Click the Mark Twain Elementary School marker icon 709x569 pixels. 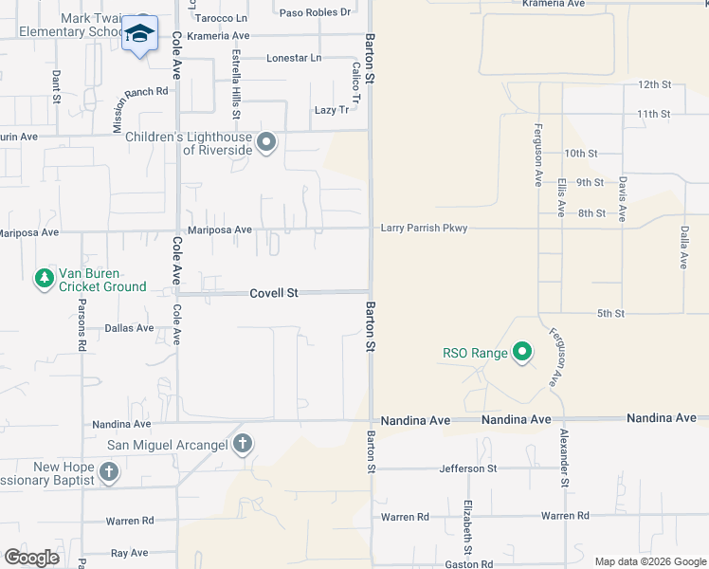(x=140, y=34)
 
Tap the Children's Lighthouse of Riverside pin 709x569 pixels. (x=266, y=143)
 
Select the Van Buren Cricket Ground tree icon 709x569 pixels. (x=44, y=279)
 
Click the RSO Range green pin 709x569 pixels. (x=521, y=354)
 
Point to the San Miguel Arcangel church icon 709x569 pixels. (x=243, y=443)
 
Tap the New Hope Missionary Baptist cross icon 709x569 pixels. (x=109, y=472)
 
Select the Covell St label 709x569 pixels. (x=274, y=293)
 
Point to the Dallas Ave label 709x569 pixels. (x=131, y=328)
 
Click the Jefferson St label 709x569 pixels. (x=467, y=468)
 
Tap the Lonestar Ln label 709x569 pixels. (x=294, y=58)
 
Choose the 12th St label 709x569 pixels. (x=654, y=84)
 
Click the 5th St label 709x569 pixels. (x=610, y=313)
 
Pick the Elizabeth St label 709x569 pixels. (x=467, y=527)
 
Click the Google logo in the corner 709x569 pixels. (x=31, y=558)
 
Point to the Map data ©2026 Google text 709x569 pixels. (x=651, y=561)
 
